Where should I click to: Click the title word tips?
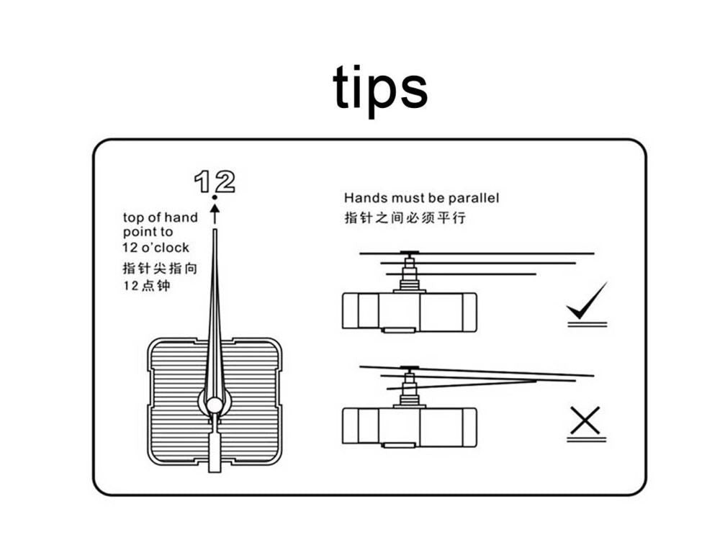380,89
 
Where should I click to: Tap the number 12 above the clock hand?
215,181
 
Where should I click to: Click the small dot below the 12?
215,197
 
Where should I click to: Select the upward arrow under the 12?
215,214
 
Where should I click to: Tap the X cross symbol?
585,420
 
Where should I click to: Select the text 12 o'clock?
156,248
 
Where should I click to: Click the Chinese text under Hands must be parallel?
405,217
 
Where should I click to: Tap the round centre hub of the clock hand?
214,405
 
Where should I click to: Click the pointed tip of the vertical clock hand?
215,230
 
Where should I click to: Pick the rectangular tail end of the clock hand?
215,451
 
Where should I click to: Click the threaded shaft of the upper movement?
409,276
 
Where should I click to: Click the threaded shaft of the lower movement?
409,390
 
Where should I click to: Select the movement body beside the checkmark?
409,312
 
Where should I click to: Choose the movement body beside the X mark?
409,427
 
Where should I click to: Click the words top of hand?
161,217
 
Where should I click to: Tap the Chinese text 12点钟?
147,286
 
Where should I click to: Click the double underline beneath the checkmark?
588,325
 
